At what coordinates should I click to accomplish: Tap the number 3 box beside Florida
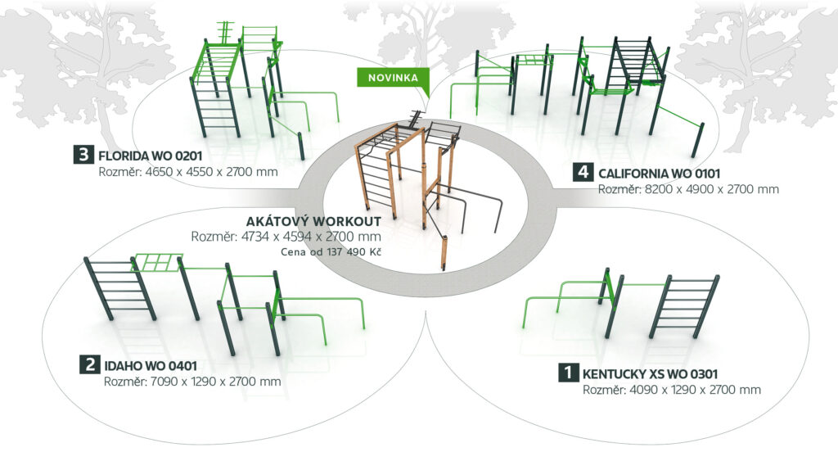[x=83, y=155]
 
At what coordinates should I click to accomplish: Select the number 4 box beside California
[x=583, y=173]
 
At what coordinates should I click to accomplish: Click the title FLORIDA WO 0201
[x=149, y=155]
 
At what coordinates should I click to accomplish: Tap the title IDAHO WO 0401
[x=150, y=365]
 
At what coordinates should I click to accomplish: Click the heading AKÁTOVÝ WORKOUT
[x=314, y=222]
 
